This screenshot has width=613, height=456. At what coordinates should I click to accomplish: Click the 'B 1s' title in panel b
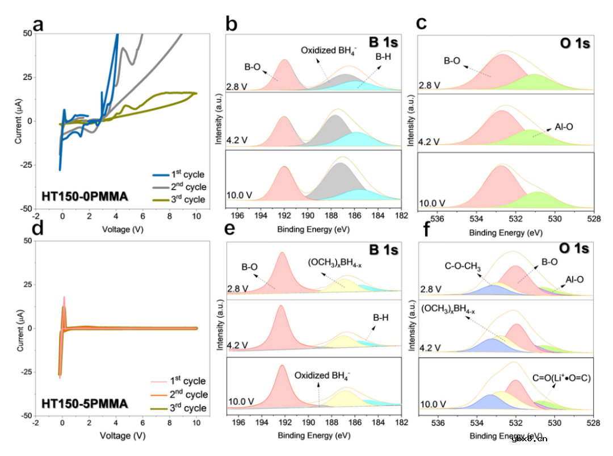click(x=383, y=43)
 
